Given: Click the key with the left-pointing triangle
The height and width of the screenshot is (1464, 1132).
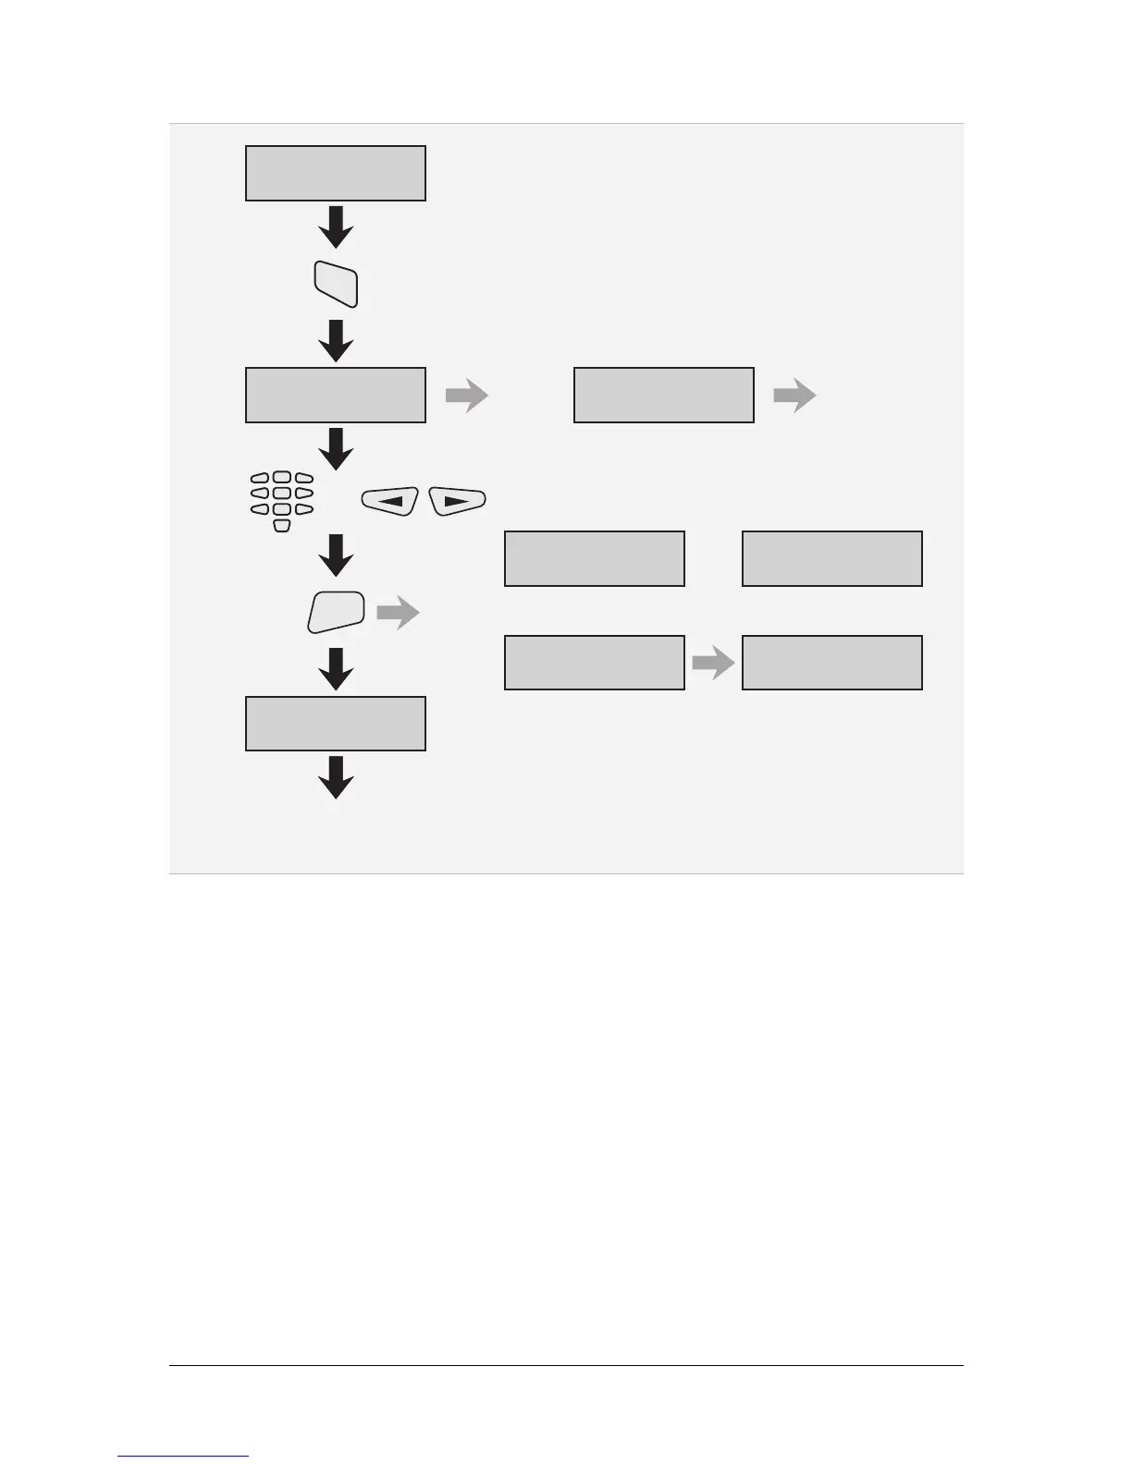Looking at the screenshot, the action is coord(389,501).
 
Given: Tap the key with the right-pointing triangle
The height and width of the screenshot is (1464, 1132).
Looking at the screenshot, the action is coord(458,501).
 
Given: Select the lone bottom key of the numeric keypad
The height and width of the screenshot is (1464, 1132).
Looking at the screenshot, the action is coord(282,525).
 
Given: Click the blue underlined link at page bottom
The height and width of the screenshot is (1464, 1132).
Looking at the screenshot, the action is coord(183,1457).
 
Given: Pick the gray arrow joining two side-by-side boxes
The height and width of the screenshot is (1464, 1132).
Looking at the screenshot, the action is coord(712,663).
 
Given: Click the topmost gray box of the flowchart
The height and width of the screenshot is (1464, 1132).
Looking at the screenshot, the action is coord(335,173).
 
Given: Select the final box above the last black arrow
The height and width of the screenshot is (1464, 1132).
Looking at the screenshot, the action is coord(335,724).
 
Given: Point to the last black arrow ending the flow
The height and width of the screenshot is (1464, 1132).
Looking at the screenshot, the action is coord(336,777).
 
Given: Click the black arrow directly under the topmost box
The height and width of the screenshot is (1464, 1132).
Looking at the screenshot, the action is coord(336,226).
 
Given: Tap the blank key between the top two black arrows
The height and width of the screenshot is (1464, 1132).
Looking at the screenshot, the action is coord(336,284).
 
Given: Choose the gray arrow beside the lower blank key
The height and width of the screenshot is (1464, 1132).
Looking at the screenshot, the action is coord(398,613).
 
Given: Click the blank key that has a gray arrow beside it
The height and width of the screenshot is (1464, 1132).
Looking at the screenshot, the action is coord(336,613).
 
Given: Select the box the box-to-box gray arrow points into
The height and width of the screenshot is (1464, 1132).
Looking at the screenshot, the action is coord(831,663).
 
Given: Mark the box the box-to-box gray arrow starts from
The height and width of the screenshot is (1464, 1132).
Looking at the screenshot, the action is coord(594,663).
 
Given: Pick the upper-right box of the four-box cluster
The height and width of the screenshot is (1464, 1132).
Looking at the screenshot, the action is coord(831,558).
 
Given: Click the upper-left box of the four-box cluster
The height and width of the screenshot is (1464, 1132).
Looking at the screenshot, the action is coord(594,558).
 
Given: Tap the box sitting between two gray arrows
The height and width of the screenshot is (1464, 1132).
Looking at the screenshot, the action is coord(663,395).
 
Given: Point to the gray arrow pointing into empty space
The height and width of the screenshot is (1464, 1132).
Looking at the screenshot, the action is coord(794,396).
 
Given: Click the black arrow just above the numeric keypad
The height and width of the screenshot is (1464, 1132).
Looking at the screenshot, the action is coord(336,448).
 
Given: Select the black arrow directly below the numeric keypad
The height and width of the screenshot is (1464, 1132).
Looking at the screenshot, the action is coord(336,555).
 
